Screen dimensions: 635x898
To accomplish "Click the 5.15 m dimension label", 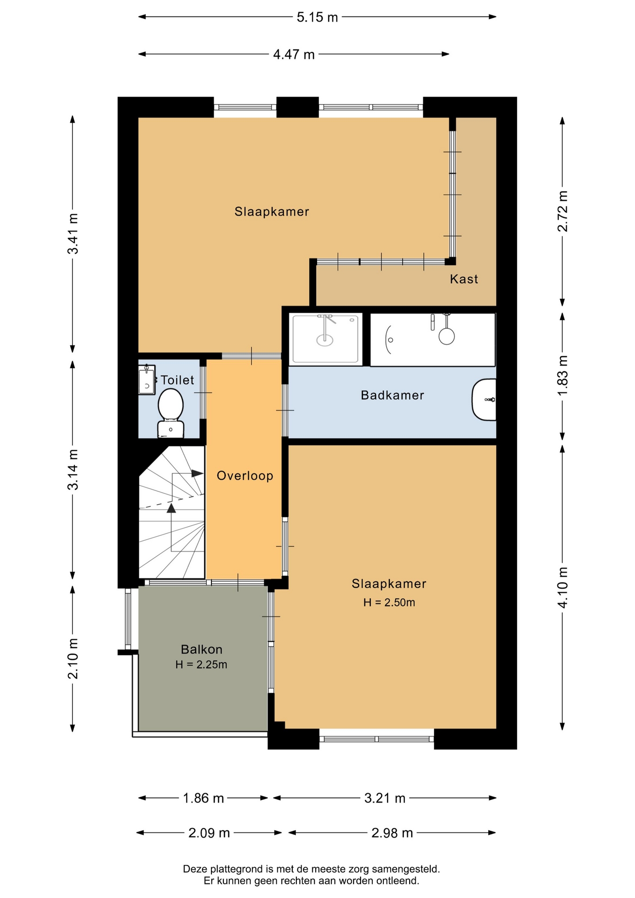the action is pyautogui.click(x=317, y=17).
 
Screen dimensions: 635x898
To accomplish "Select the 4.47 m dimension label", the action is pyautogui.click(x=294, y=55).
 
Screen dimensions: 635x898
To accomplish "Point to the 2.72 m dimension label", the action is pyautogui.click(x=563, y=211).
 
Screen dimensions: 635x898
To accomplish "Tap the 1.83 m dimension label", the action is pyautogui.click(x=563, y=375).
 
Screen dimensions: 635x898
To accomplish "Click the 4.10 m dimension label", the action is pyautogui.click(x=563, y=587).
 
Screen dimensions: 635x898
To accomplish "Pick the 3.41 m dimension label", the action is pyautogui.click(x=73, y=233).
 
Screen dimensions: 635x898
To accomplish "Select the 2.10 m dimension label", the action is pyautogui.click(x=73, y=658).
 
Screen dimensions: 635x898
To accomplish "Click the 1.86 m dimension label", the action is pyautogui.click(x=203, y=798).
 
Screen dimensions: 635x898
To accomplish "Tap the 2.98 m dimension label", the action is pyautogui.click(x=392, y=833).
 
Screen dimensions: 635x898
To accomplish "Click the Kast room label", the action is pyautogui.click(x=464, y=279).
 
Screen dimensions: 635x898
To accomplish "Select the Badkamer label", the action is pyautogui.click(x=392, y=395).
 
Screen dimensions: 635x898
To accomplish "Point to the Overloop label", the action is pyautogui.click(x=245, y=476).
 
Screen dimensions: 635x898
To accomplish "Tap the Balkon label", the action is pyautogui.click(x=202, y=649).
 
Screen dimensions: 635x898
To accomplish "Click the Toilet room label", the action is pyautogui.click(x=177, y=380).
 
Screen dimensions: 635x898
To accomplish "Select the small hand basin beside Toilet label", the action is pyautogui.click(x=146, y=380).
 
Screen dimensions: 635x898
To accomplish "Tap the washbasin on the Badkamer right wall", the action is pyautogui.click(x=484, y=400).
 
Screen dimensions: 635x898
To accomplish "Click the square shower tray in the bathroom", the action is pyautogui.click(x=325, y=339).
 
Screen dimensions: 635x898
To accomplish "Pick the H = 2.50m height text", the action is pyautogui.click(x=389, y=602).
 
